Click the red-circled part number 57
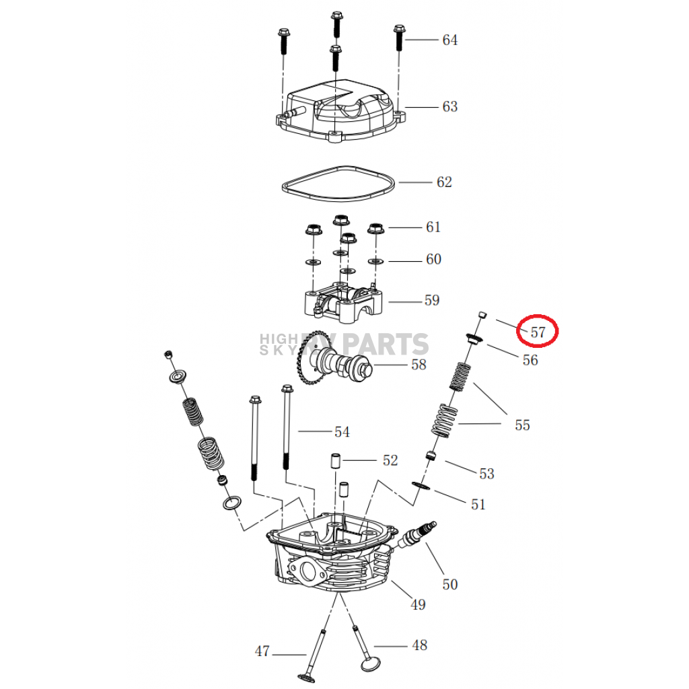(538, 332)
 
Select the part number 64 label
(449, 40)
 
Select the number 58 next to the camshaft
(419, 365)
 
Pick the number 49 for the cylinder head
(418, 605)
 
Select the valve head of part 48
(369, 663)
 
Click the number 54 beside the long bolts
(342, 432)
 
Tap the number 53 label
(486, 474)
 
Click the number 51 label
(478, 504)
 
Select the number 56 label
(530, 361)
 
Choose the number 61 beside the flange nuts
(433, 227)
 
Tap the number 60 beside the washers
(433, 260)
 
